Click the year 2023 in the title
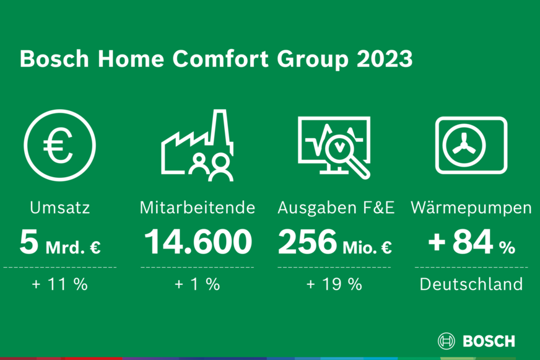[x=385, y=59]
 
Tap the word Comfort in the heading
[x=220, y=59]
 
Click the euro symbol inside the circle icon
[x=58, y=146]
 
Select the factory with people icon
[x=198, y=146]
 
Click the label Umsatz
[x=60, y=208]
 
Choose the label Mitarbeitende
[x=198, y=208]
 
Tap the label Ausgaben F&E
[x=336, y=208]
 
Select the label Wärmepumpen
[x=471, y=208]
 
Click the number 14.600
[x=198, y=242]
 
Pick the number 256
[x=307, y=242]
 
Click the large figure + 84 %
[x=471, y=242]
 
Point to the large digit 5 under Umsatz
[x=28, y=242]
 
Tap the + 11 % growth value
[x=60, y=284]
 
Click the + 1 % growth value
[x=198, y=284]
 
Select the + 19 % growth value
[x=334, y=284]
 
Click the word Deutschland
[x=471, y=284]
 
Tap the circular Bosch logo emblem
[x=446, y=341]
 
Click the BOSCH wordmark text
[x=489, y=341]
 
